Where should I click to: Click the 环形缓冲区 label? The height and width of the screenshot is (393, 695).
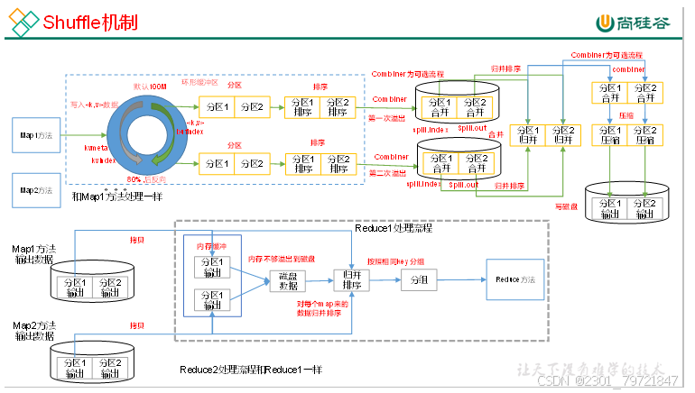(199, 82)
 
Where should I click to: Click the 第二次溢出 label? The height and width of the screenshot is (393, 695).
(388, 172)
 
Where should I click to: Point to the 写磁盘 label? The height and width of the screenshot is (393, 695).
(566, 206)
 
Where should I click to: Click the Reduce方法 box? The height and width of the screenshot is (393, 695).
(514, 281)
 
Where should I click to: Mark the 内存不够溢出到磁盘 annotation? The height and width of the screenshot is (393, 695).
(283, 259)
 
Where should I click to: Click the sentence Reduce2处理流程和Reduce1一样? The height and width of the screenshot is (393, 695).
(251, 370)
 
